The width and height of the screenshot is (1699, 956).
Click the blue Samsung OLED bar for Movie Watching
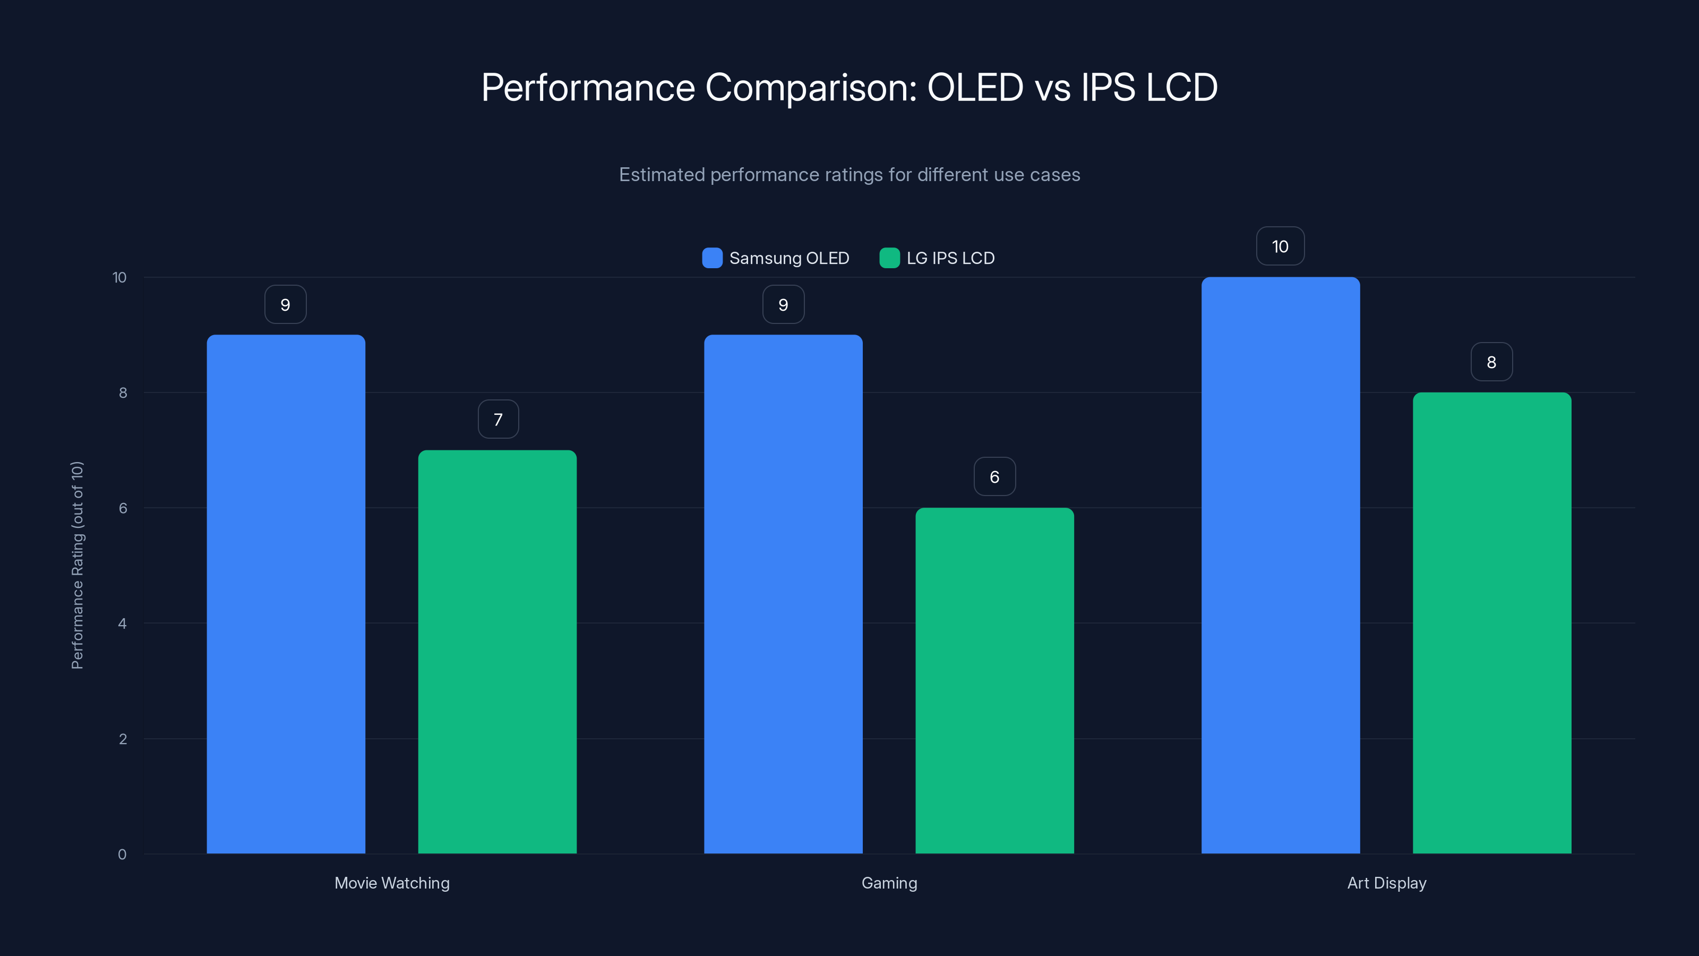coord(286,594)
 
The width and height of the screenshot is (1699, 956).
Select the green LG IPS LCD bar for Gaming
coord(994,680)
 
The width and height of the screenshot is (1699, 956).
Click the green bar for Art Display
coord(1492,623)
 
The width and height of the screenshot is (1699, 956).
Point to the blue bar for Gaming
coord(783,594)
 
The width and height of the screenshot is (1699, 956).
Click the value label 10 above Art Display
coord(1280,246)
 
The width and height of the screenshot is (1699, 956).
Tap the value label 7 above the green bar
coord(498,419)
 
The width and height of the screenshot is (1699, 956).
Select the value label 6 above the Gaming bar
coord(994,476)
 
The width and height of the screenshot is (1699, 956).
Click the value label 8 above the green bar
coord(1491,362)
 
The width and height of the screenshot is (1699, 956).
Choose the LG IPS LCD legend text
coord(950,258)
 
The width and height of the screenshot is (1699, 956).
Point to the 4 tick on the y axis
coord(123,624)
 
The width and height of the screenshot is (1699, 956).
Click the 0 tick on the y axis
coord(123,855)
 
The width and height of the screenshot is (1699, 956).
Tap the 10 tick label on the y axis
coord(119,277)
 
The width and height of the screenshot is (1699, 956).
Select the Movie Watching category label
coord(392,883)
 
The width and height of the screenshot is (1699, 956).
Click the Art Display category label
coord(1386,883)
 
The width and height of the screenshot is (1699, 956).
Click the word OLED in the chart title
coord(975,87)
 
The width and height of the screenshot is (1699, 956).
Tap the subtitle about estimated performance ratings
coord(849,174)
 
